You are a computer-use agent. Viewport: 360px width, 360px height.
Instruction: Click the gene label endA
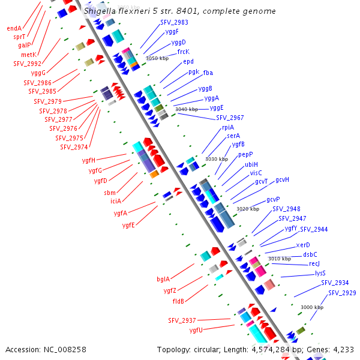[14, 28]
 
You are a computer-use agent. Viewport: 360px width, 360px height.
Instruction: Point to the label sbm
[110, 193]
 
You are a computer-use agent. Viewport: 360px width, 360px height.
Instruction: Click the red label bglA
[163, 279]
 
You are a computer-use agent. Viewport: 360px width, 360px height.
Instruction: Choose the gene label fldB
[178, 301]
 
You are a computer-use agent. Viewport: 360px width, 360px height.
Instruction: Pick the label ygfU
[196, 330]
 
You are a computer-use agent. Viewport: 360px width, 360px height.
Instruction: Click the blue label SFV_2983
[174, 22]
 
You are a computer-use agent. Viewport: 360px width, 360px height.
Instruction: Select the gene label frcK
[184, 52]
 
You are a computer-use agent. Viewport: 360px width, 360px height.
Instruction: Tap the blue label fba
[208, 73]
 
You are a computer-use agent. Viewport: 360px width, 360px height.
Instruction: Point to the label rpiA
[228, 127]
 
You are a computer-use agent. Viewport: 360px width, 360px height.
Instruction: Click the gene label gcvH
[283, 179]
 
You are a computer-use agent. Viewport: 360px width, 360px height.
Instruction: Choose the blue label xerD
[303, 245]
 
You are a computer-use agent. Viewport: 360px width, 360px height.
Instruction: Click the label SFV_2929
[342, 293]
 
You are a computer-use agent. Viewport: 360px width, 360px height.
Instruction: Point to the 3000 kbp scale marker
[311, 307]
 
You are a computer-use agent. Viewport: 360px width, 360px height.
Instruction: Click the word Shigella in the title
[101, 11]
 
